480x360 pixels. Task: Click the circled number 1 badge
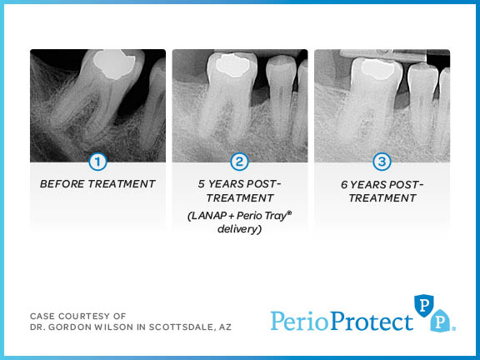[x=97, y=162]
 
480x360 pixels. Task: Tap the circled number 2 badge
[x=239, y=162]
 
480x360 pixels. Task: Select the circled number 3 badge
[x=382, y=162]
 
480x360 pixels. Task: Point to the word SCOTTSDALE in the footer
[x=172, y=327]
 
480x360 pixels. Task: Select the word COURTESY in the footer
[x=79, y=316]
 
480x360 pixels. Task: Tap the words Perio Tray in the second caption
[x=262, y=216]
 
